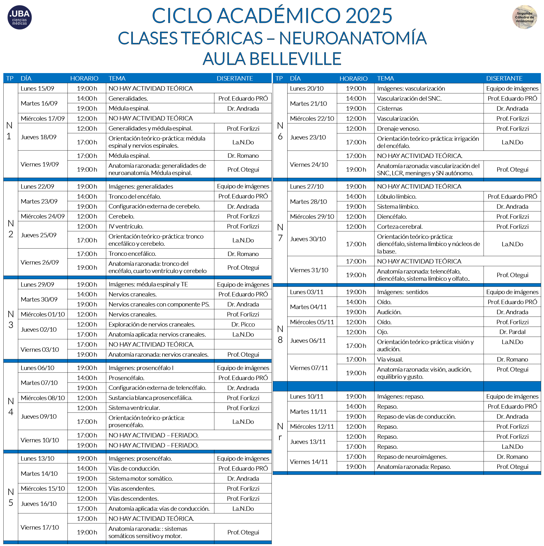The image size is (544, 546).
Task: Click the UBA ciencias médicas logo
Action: coord(20,17)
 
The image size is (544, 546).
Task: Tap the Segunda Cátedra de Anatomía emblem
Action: coord(524,17)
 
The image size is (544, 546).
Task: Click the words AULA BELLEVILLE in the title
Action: coord(272,59)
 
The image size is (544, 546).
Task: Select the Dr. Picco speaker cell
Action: coord(243,324)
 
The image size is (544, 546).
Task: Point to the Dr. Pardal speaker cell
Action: coord(512,332)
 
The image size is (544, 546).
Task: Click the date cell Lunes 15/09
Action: coord(37,89)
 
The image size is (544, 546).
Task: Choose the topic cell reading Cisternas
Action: coord(390,109)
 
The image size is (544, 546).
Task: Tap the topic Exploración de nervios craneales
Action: coord(152,324)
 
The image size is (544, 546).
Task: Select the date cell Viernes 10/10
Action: coord(40,440)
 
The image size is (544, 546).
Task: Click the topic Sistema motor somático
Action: coord(141,479)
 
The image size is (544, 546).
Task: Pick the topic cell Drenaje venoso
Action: coord(398,129)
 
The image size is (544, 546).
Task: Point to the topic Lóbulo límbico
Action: coord(397,197)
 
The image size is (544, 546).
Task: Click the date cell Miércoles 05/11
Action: coord(312,322)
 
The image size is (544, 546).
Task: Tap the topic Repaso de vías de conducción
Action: coord(416,417)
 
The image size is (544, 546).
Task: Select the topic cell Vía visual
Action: coord(390,359)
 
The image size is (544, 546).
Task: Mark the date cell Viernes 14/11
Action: coord(309,462)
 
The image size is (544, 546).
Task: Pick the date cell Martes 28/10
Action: coord(308,202)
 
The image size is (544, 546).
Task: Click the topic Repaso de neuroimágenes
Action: coord(412,457)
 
